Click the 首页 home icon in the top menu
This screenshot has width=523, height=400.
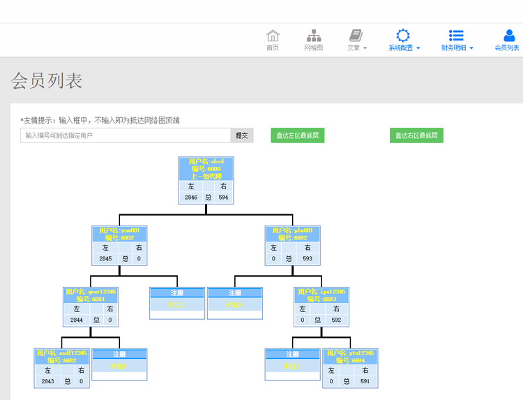[273, 36]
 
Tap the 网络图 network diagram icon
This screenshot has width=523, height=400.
[314, 36]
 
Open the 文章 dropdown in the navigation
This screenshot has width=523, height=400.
[357, 47]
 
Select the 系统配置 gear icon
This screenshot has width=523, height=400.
[403, 36]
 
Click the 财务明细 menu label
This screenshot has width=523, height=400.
[454, 47]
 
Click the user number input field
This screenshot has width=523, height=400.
[125, 135]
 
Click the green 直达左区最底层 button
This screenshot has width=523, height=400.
[298, 135]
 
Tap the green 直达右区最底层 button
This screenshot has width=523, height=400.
[416, 135]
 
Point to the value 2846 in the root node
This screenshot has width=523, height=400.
[191, 198]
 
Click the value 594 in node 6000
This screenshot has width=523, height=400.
[223, 198]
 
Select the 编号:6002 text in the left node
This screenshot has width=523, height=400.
[120, 238]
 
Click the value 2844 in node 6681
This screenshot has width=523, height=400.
[77, 320]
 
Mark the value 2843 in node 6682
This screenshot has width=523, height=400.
[47, 381]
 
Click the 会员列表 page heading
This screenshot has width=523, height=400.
[47, 81]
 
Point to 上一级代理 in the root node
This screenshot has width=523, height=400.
[206, 177]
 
